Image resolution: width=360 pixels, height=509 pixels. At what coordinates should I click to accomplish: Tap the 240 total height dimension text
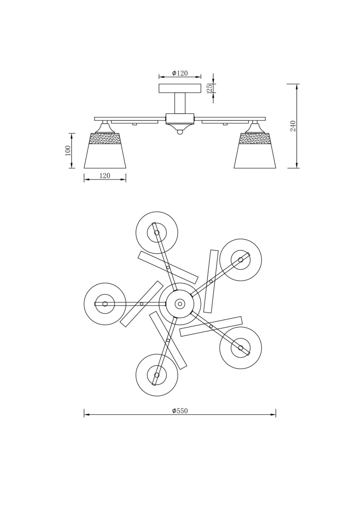(x=293, y=126)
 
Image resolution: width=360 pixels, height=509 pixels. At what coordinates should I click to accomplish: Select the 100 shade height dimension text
(x=68, y=150)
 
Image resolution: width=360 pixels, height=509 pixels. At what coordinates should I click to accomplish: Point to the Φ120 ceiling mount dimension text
(x=180, y=73)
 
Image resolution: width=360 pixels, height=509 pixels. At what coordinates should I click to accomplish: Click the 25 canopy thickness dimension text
(x=210, y=88)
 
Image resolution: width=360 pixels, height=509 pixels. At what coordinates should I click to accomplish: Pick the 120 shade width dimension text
(x=104, y=176)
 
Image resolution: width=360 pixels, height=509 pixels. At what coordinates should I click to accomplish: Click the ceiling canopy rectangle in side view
(x=180, y=88)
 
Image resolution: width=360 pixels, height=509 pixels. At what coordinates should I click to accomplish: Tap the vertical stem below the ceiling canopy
(x=180, y=103)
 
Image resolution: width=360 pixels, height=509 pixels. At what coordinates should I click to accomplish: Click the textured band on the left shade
(x=105, y=139)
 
